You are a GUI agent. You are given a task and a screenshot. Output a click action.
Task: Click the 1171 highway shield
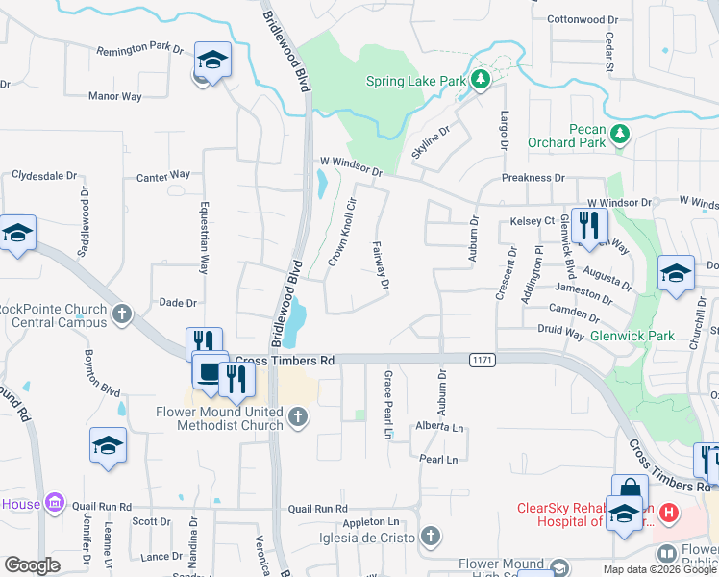pos(483,360)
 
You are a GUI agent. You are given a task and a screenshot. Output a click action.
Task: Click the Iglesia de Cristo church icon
pos(431,535)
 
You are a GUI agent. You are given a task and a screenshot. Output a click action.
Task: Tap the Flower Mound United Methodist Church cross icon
pos(298,416)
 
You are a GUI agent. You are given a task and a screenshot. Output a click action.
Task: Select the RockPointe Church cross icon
pos(122,314)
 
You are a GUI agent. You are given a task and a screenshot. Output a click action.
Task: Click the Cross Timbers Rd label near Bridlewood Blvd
pos(285,361)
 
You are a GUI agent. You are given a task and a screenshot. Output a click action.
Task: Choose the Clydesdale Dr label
pos(44,175)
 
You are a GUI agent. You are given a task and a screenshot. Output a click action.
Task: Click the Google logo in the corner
pos(32,565)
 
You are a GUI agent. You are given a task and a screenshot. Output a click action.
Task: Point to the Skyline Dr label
pos(431,142)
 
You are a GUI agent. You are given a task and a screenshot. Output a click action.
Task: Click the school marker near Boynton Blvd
pos(108,445)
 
